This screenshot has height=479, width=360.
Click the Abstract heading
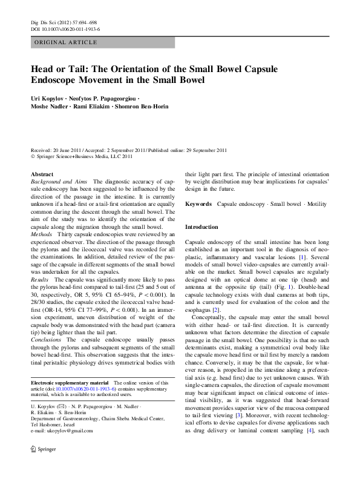[x=42, y=174]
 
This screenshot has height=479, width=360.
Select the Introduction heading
[x=201, y=226]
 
